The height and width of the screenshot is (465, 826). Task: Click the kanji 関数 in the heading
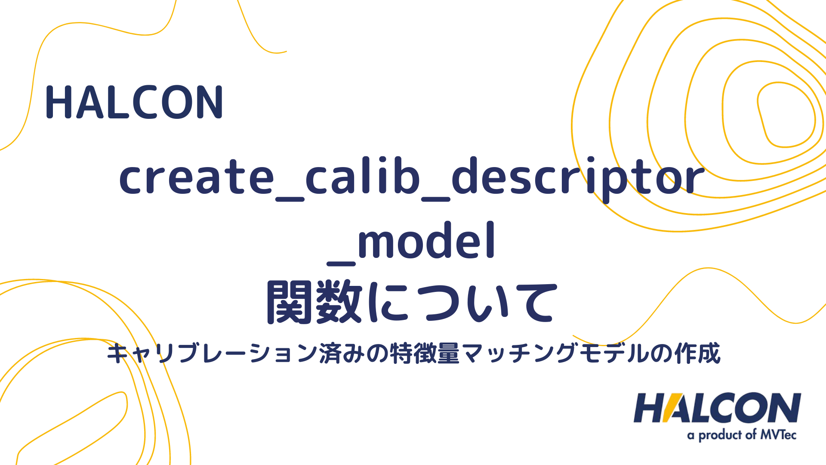(x=314, y=302)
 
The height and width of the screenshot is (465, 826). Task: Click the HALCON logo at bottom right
(x=717, y=408)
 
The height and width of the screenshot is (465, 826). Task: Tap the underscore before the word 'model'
(x=341, y=261)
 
